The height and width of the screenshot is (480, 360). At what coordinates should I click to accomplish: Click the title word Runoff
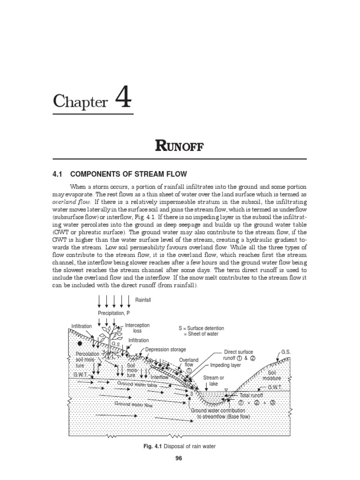click(180, 146)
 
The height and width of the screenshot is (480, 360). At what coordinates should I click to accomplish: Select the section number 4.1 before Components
click(58, 174)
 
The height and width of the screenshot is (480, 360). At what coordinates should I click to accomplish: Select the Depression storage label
click(165, 349)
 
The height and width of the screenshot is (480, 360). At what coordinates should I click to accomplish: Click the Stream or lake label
click(213, 380)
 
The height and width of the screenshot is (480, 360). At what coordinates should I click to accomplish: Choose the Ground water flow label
click(134, 404)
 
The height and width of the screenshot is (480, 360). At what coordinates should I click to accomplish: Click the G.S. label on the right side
click(286, 351)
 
